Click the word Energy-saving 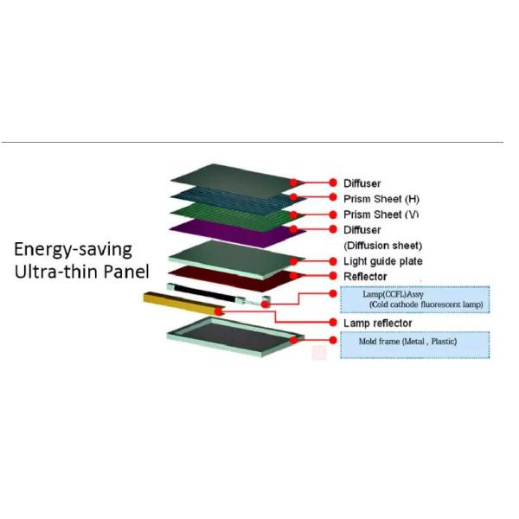coord(73,250)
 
